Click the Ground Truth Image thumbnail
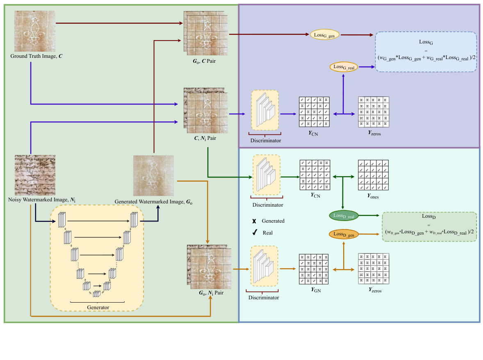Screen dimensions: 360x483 [x=35, y=31]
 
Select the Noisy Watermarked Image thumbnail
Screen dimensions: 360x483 [x=35, y=175]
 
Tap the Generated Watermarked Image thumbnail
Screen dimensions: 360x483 [x=153, y=176]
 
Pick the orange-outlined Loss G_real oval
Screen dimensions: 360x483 [x=344, y=67]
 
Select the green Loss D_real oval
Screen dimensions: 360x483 [x=344, y=215]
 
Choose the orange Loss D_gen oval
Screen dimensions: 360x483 [x=344, y=234]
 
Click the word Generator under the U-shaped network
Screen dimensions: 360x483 [x=98, y=307]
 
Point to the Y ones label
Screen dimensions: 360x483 [x=373, y=196]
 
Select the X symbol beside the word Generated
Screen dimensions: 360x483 [x=255, y=221]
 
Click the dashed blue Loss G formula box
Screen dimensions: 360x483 [x=426, y=52]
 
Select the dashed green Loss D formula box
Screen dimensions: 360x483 [x=429, y=226]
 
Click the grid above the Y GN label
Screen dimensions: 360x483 [x=314, y=269]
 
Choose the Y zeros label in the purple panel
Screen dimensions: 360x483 [x=373, y=133]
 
